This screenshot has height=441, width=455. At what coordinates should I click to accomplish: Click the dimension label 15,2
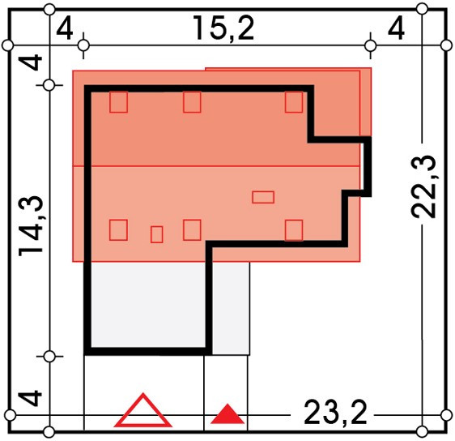(223, 28)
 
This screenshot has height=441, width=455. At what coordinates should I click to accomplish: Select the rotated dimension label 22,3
(423, 186)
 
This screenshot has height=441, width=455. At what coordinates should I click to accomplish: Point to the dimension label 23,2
(335, 413)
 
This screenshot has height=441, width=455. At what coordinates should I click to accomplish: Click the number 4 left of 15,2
(65, 29)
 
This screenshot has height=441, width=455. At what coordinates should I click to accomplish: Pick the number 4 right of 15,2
(397, 29)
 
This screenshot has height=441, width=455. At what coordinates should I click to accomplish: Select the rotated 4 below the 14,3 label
(31, 398)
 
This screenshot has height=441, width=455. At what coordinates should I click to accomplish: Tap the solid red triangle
(227, 413)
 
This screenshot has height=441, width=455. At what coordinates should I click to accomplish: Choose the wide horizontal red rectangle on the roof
(263, 197)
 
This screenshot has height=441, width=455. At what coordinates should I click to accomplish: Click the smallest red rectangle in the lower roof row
(157, 234)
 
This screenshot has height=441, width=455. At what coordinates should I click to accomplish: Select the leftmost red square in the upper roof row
(118, 102)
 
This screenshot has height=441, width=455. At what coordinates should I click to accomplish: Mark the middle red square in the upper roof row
(192, 102)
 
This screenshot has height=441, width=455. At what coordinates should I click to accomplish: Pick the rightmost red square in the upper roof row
(294, 102)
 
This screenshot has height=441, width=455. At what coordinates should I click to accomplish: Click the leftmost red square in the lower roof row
(118, 230)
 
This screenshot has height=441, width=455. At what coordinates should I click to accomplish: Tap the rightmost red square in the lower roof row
(294, 230)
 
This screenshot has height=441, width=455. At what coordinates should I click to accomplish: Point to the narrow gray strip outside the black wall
(231, 308)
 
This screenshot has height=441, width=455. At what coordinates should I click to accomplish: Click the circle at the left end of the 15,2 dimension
(84, 45)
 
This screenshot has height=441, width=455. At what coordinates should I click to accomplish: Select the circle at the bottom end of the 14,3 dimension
(49, 356)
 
